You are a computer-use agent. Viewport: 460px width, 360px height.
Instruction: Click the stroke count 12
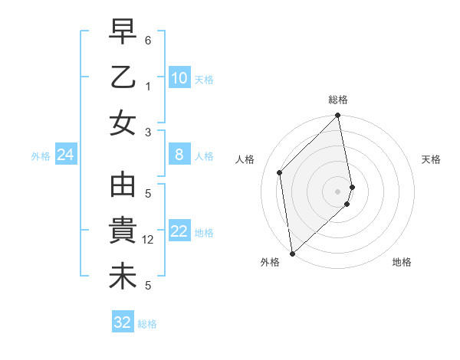point(149,240)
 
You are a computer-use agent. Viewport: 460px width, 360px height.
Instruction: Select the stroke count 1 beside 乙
point(149,86)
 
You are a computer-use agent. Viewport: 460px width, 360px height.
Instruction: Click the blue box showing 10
point(179,78)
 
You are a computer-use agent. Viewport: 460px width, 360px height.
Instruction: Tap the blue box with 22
point(179,232)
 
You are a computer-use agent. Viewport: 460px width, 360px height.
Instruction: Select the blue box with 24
point(65,155)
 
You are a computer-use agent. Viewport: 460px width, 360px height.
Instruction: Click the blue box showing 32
point(122,322)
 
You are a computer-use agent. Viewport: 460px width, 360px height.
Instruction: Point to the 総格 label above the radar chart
point(338,100)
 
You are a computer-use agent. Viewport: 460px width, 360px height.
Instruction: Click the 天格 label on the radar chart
point(432,159)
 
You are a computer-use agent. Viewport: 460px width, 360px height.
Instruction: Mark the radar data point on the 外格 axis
point(292,253)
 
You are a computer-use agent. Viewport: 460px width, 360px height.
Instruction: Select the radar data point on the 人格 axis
point(280,172)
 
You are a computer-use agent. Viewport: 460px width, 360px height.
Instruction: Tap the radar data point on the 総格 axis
point(338,116)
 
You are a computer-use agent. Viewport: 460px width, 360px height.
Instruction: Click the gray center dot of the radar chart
point(338,191)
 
